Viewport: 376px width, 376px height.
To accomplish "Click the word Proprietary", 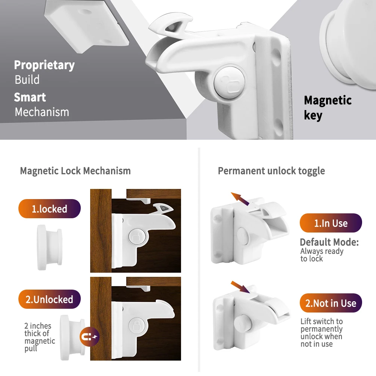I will [x=44, y=65].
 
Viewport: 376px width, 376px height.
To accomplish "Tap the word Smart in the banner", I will [x=30, y=97].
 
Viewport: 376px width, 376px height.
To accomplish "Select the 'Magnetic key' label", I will [x=327, y=107].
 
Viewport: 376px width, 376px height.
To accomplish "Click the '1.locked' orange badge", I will [x=49, y=209].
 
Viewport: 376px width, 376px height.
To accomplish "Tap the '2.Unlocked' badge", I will [x=49, y=299].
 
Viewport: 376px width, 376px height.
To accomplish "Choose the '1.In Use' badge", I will [x=331, y=223].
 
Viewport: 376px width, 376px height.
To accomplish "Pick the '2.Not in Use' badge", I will [x=331, y=303].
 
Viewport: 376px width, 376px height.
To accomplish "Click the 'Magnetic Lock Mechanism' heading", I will [x=75, y=171].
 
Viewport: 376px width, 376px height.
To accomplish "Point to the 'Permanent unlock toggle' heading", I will [x=271, y=171].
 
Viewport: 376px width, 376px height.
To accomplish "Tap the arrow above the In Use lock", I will [x=240, y=198].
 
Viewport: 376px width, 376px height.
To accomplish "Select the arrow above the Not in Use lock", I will [x=240, y=287].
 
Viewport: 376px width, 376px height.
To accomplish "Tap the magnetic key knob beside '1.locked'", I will [x=49, y=247].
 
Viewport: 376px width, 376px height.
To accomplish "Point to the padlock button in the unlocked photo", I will [x=136, y=325].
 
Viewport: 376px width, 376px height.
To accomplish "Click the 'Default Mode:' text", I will [x=329, y=242].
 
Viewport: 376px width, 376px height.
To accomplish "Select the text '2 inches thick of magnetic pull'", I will [x=39, y=337].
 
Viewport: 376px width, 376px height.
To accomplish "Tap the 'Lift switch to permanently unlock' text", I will [x=322, y=332].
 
